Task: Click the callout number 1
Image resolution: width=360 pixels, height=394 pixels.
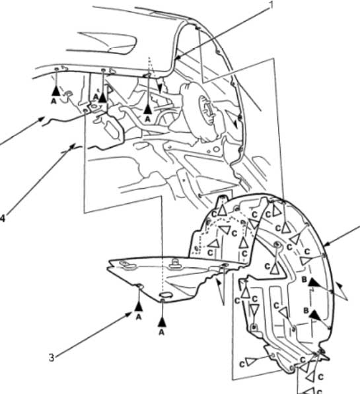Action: (271, 5)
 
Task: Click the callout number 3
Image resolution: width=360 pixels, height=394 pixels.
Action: (52, 358)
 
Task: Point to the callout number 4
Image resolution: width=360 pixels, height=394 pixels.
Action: (2, 218)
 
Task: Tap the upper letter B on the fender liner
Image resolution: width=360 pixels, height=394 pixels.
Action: (305, 279)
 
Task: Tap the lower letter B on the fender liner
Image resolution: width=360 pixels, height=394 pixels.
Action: (306, 311)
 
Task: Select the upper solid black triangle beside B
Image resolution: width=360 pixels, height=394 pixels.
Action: (314, 282)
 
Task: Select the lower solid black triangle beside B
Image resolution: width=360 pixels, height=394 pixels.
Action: (316, 315)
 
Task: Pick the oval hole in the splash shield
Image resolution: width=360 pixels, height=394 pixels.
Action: (166, 294)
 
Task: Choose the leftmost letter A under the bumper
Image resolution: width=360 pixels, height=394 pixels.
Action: (54, 101)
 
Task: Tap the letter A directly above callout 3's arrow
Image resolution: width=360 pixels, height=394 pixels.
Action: (139, 317)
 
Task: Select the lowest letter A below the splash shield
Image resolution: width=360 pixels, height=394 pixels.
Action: (162, 332)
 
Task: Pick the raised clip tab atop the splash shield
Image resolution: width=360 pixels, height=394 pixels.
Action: (174, 263)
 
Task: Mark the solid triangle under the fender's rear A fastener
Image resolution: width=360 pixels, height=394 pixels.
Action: (148, 109)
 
